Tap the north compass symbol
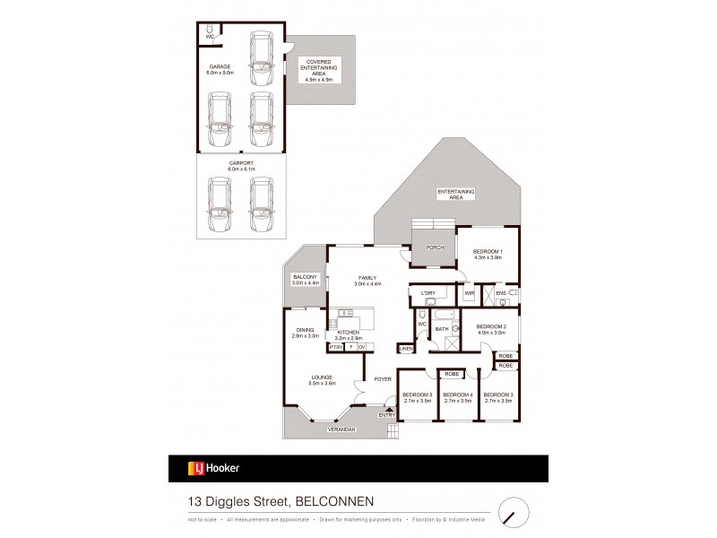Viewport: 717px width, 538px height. click(x=511, y=511)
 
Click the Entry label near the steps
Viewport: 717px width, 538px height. click(x=386, y=415)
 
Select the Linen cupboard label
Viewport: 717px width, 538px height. click(x=406, y=348)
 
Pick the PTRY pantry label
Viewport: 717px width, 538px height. click(x=335, y=347)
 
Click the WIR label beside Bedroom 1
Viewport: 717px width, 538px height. click(x=469, y=293)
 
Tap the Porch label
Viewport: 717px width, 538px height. click(x=435, y=247)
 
